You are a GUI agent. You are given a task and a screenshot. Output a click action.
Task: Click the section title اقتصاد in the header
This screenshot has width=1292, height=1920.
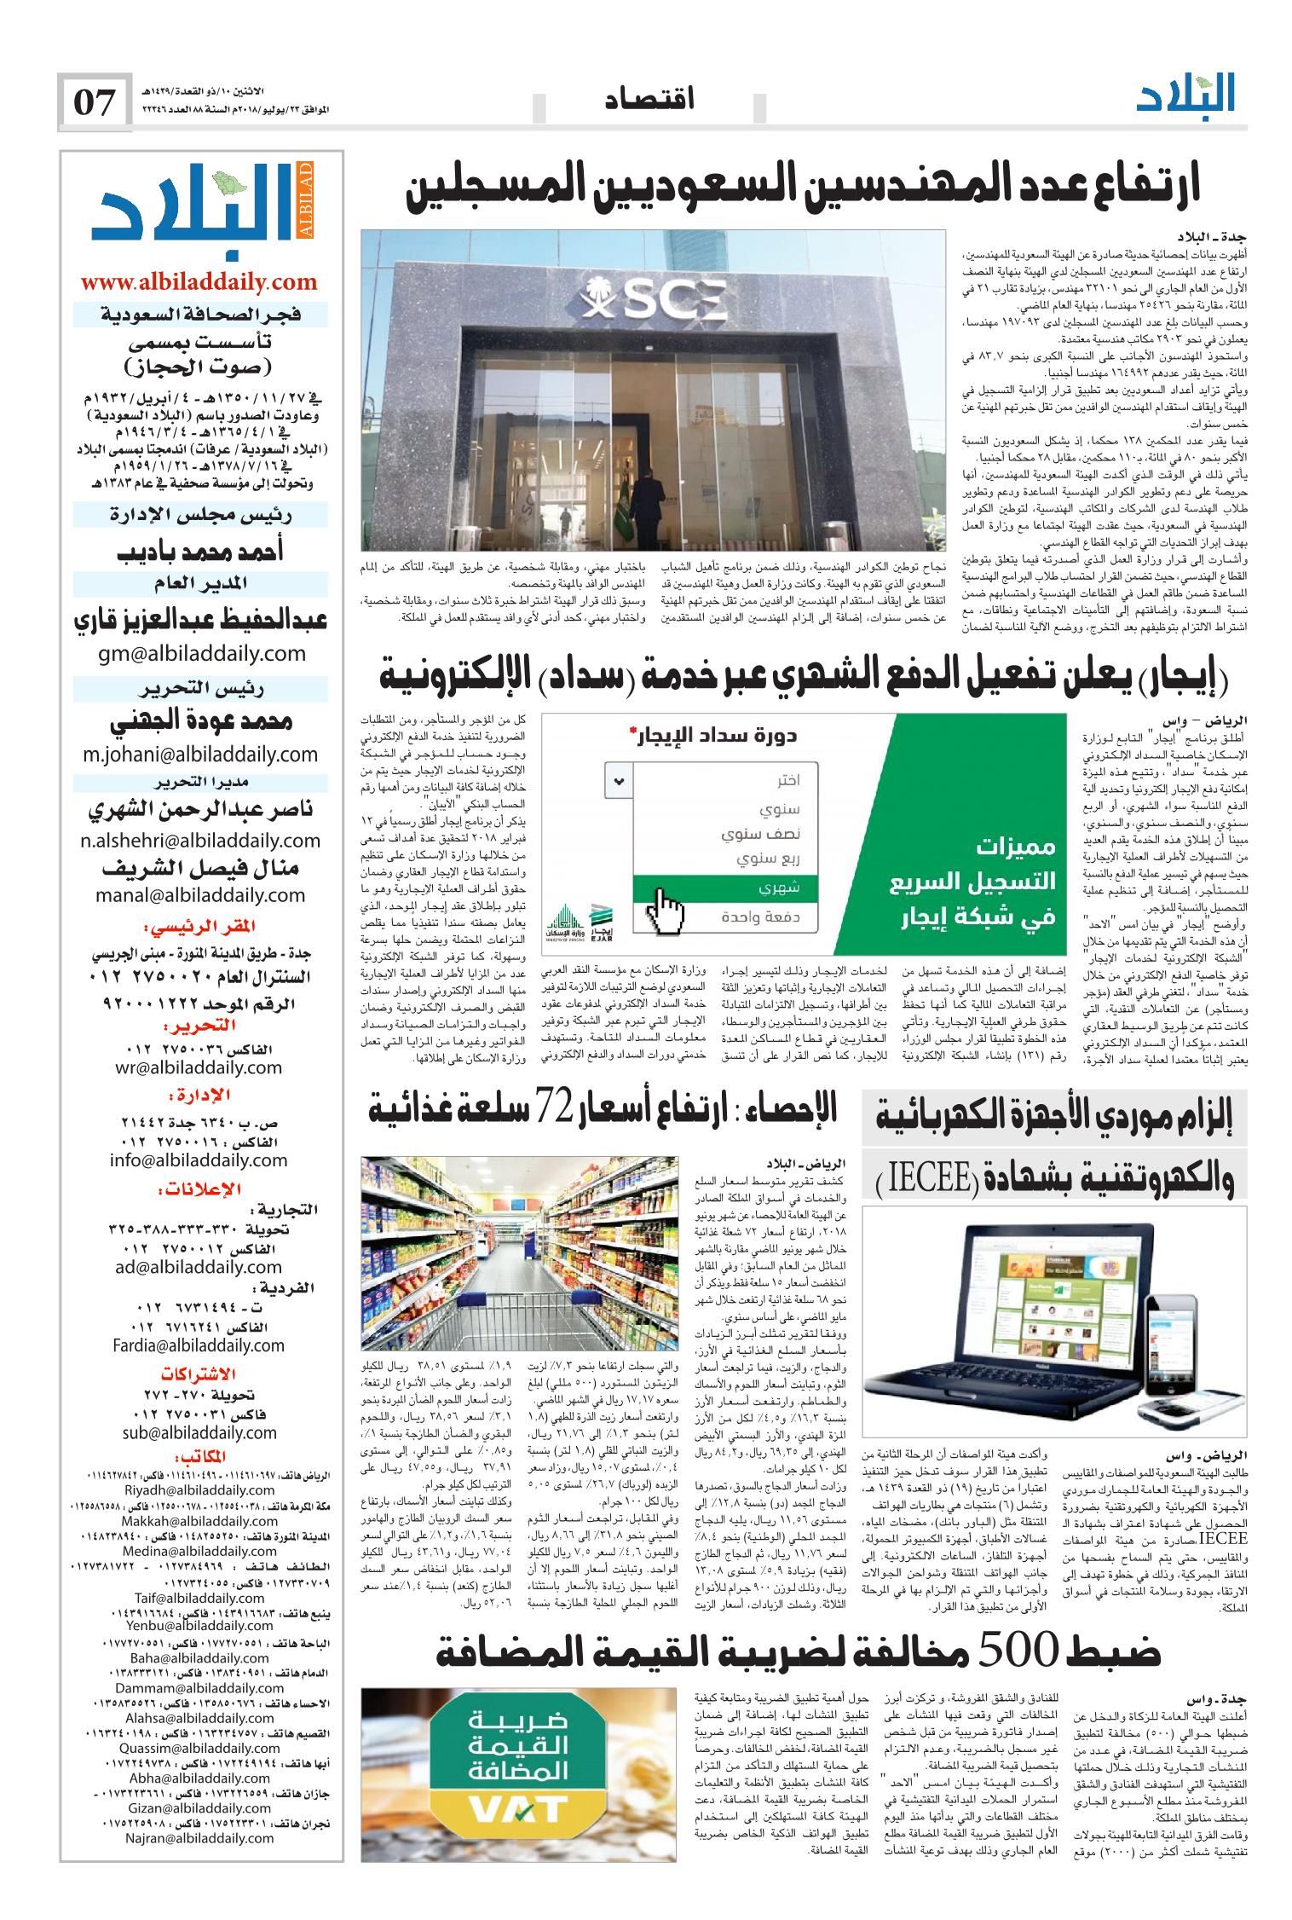click(x=649, y=101)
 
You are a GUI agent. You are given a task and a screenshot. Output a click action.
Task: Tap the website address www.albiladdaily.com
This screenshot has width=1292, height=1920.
click(x=199, y=281)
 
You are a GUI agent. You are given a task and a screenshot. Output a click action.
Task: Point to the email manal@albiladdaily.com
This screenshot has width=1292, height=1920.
click(x=200, y=895)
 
